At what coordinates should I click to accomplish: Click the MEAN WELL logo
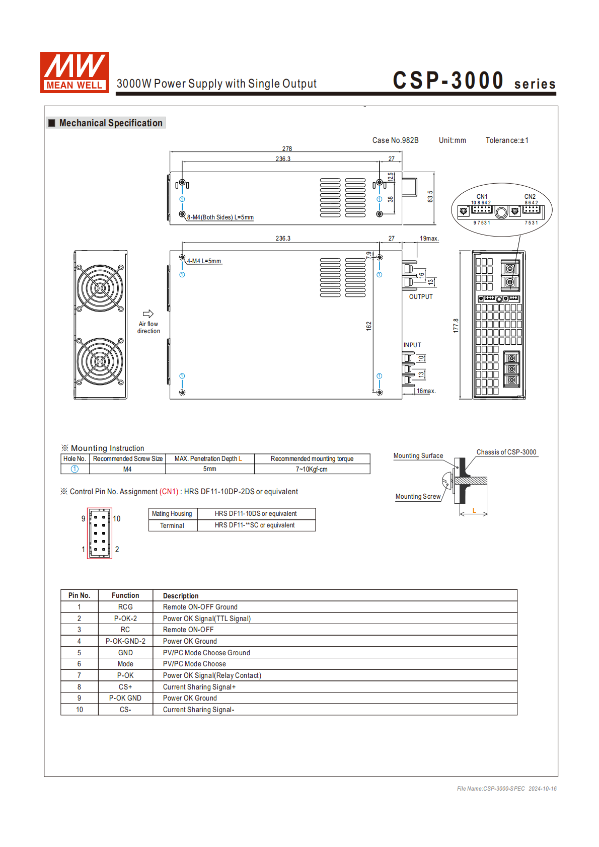(x=74, y=72)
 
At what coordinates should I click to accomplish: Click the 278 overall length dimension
(x=287, y=148)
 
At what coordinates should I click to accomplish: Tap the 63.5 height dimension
(x=430, y=197)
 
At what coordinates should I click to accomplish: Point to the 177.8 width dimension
(x=456, y=326)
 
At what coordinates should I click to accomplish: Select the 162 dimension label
(x=369, y=326)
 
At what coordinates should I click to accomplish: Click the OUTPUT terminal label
(x=421, y=297)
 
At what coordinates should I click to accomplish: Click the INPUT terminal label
(x=412, y=345)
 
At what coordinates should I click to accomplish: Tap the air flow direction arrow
(x=148, y=314)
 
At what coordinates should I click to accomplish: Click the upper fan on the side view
(x=100, y=288)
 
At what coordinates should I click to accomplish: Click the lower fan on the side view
(x=100, y=361)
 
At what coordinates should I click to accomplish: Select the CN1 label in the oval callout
(x=482, y=197)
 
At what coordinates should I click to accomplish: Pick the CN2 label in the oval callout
(x=530, y=197)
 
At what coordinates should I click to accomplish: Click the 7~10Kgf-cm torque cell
(x=312, y=469)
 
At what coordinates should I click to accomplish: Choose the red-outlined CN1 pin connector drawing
(x=100, y=533)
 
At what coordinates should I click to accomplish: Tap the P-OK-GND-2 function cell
(x=125, y=641)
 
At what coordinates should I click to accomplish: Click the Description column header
(x=181, y=596)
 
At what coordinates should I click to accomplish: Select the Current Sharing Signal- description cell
(x=199, y=710)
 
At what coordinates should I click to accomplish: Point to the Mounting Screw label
(x=418, y=497)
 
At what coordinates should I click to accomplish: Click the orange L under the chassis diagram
(x=474, y=510)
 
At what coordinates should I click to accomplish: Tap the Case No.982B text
(x=395, y=140)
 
